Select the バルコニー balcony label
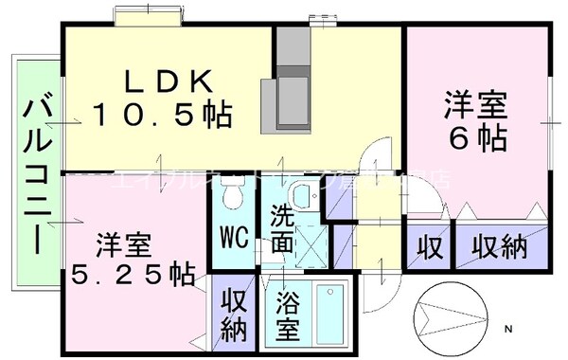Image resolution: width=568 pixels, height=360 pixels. coord(37,174)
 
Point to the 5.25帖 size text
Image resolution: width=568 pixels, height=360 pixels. coord(133,274)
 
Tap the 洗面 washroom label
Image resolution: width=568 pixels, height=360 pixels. coord(283,228)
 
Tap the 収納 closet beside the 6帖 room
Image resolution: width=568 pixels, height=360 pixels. coord(499,248)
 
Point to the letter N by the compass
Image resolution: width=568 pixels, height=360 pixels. coord(507,329)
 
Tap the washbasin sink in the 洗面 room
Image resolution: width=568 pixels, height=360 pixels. coord(303,198)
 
